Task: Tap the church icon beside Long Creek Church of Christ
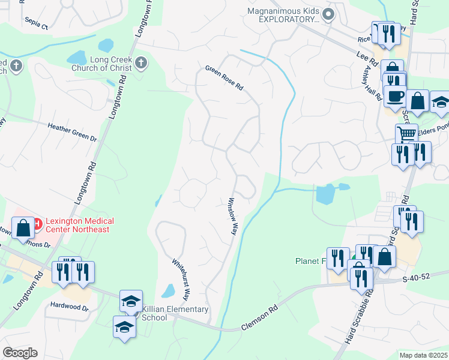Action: pos(140,62)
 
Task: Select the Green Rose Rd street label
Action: pos(224,78)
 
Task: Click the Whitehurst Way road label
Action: pos(181,279)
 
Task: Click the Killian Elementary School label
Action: pos(175,314)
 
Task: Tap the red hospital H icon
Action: pos(37,224)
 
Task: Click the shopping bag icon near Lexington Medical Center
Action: pos(23,229)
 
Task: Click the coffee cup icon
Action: pos(394,96)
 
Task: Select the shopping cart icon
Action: pos(406,134)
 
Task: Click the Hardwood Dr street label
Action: pos(69,308)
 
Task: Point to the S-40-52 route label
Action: pos(417,278)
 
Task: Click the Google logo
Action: pos(20,353)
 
